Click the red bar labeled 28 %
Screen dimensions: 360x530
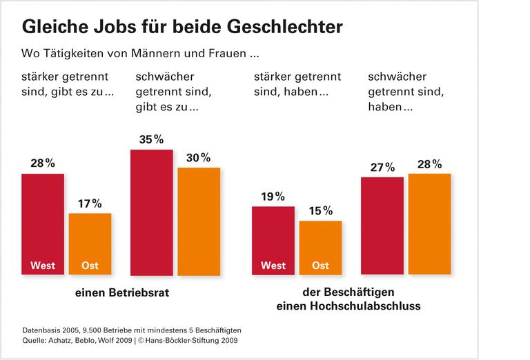[x=43, y=221]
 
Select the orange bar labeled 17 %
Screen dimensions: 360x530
[x=90, y=241]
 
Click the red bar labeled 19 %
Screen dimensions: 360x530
[x=273, y=238]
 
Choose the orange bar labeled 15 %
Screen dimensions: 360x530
[x=320, y=245]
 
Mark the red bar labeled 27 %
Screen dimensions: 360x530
[x=382, y=224]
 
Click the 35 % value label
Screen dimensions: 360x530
[x=152, y=139]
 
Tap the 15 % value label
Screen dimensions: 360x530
[x=320, y=210]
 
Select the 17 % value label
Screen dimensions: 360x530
[x=90, y=203]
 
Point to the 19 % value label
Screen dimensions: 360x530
[x=273, y=197]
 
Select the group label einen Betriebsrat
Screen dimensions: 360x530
[x=123, y=292]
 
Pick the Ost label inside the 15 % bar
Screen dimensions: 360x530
[x=320, y=266]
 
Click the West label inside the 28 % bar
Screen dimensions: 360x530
[x=43, y=266]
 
